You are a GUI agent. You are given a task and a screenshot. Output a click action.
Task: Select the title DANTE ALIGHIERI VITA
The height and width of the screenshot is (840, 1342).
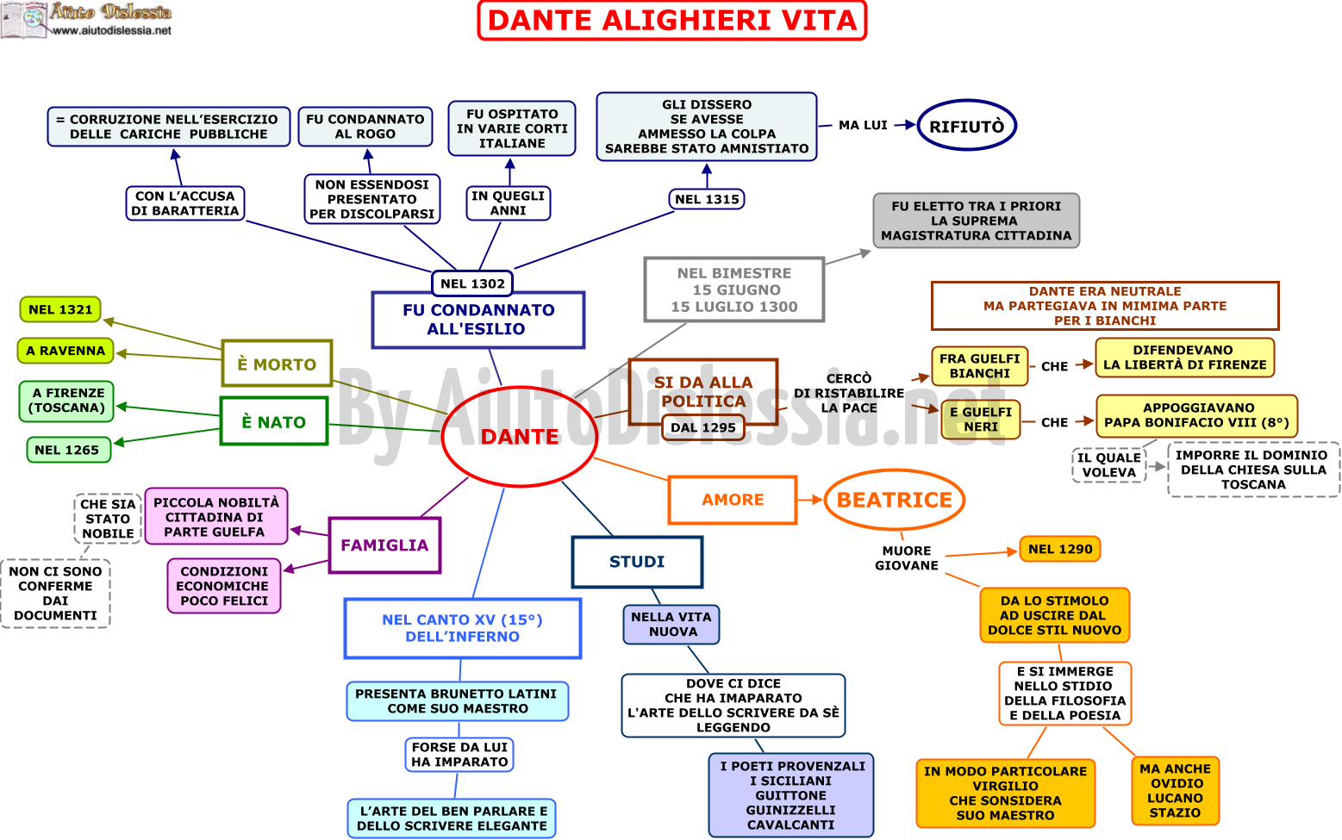[672, 21]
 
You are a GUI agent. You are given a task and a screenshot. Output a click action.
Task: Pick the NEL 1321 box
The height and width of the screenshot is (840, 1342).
[60, 309]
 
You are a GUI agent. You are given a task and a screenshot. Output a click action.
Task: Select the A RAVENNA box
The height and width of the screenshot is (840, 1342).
[66, 351]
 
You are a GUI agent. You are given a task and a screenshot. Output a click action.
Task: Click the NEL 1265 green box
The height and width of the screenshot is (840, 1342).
[69, 450]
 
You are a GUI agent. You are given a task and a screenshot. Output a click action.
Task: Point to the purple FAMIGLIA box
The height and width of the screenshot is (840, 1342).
[384, 544]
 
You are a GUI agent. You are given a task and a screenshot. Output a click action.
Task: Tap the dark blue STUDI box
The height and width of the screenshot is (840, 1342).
[637, 562]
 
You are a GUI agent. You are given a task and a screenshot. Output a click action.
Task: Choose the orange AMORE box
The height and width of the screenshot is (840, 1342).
[733, 500]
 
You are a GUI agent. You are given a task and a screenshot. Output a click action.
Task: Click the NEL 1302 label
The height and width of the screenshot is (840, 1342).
[472, 283]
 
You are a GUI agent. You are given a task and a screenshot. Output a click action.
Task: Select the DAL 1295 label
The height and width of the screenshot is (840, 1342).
[702, 427]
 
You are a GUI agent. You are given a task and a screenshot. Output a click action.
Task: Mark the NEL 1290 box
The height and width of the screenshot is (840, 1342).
[1060, 549]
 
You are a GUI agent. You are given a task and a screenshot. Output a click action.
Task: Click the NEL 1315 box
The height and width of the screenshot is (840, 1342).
[707, 199]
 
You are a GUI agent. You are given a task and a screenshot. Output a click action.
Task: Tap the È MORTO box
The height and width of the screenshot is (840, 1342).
[277, 364]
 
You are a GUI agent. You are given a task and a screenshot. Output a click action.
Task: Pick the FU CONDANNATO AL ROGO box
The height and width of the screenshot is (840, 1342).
[365, 127]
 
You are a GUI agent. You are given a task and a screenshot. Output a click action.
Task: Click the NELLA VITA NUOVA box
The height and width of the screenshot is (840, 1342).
[671, 624]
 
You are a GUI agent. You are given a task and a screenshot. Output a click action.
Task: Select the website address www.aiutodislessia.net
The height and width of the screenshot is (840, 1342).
[111, 30]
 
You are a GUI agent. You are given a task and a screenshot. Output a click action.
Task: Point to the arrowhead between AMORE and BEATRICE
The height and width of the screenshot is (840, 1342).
[817, 500]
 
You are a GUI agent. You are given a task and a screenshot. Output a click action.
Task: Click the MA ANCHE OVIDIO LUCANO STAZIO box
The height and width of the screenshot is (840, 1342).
[1175, 790]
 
